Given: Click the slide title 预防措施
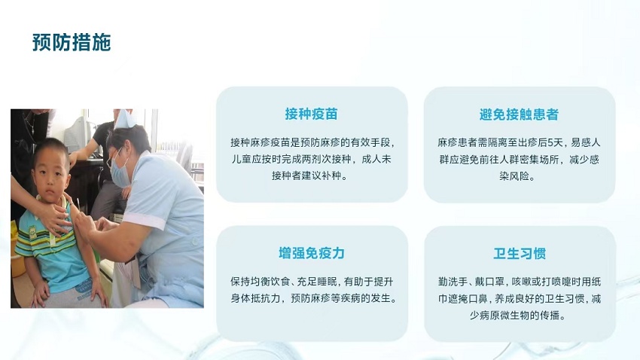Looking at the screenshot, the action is pyautogui.click(x=72, y=42).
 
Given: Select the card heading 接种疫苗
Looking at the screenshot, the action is pyautogui.click(x=312, y=114).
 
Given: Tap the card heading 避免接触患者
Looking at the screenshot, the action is pyautogui.click(x=519, y=114).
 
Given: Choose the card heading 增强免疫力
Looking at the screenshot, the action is pyautogui.click(x=312, y=253).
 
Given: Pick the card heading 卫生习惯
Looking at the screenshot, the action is pyautogui.click(x=520, y=254).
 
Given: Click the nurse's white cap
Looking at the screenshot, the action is pyautogui.click(x=124, y=119).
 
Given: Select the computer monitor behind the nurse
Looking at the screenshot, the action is pyautogui.click(x=78, y=134).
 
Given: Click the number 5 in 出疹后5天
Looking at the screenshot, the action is pyautogui.click(x=550, y=142).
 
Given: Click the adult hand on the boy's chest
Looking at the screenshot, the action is pyautogui.click(x=52, y=218).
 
